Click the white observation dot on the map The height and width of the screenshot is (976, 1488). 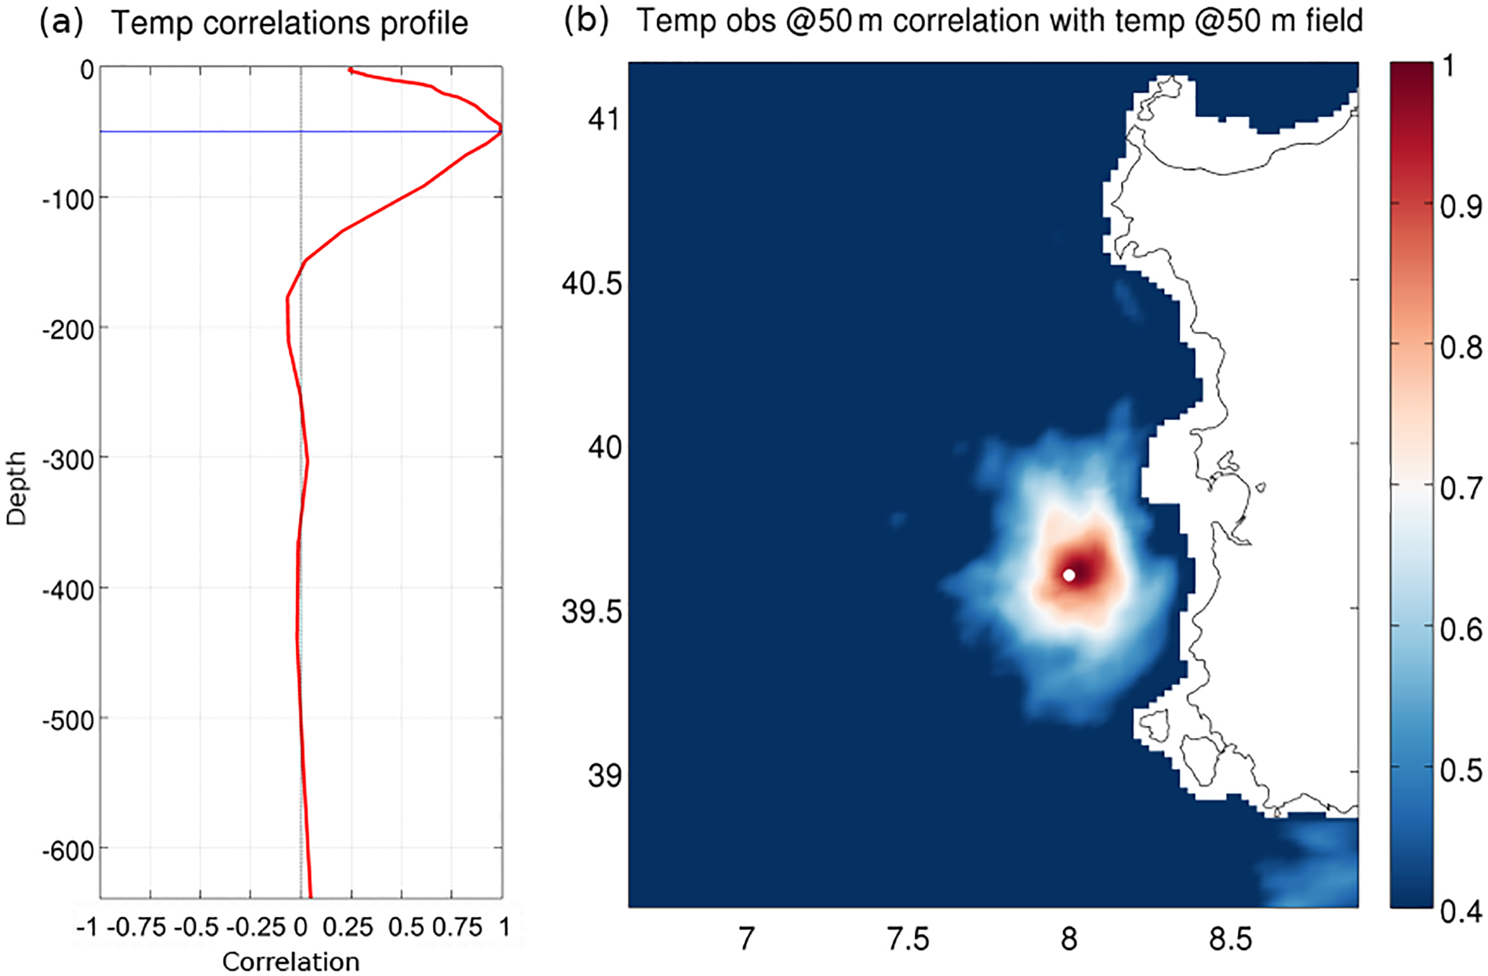click(x=1069, y=575)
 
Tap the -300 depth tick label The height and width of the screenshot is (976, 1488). click(x=68, y=460)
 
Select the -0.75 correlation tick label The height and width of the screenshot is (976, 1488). click(x=136, y=927)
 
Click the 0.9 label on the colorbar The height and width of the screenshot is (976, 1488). click(x=1461, y=207)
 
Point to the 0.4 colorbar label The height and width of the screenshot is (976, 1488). click(x=1461, y=911)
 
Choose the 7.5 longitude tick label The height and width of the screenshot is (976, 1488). click(x=908, y=939)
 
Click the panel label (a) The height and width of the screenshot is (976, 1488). click(x=61, y=23)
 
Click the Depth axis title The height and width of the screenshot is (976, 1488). click(x=17, y=488)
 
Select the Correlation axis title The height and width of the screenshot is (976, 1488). click(x=291, y=962)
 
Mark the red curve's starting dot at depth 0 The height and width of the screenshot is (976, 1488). click(x=351, y=70)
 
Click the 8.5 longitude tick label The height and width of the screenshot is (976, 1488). click(x=1230, y=939)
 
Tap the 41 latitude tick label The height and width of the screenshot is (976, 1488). click(x=603, y=119)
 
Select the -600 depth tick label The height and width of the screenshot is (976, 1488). click(x=68, y=851)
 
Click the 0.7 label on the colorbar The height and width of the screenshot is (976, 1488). click(x=1461, y=489)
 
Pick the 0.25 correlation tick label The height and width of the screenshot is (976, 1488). click(x=348, y=927)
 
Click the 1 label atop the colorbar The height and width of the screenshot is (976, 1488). click(x=1448, y=67)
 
